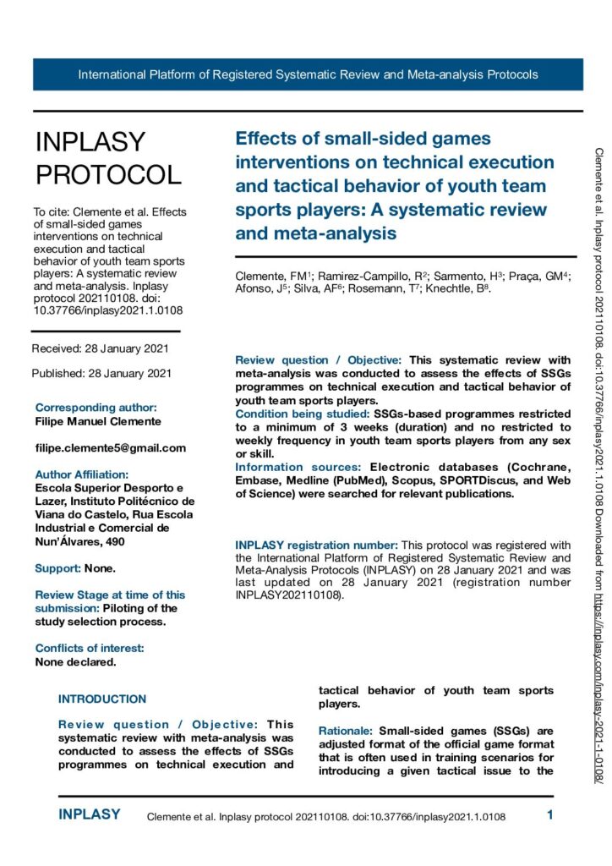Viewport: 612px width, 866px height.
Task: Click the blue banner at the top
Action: click(x=308, y=74)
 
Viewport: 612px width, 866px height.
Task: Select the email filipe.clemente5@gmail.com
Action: click(x=110, y=447)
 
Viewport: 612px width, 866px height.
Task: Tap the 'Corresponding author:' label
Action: click(x=96, y=407)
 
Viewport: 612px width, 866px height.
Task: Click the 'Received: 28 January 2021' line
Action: click(x=101, y=348)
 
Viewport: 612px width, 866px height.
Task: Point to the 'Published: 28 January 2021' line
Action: click(x=101, y=373)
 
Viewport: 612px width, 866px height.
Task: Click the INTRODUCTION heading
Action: click(x=102, y=699)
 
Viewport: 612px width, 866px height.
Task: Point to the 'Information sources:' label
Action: click(x=288, y=467)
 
